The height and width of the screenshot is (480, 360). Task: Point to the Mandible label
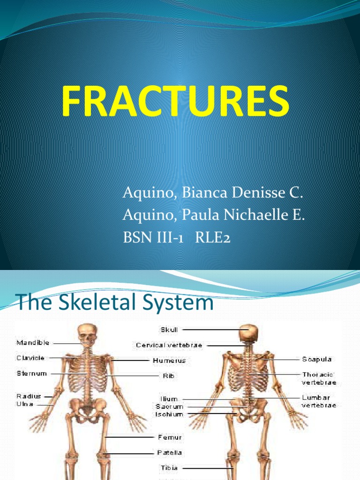click(x=33, y=343)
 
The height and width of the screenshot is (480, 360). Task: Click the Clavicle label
click(x=30, y=358)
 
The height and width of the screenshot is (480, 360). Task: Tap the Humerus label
click(x=169, y=360)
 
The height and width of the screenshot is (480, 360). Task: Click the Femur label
click(x=169, y=437)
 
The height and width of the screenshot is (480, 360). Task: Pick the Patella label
click(x=169, y=453)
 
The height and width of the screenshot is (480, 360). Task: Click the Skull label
click(x=168, y=330)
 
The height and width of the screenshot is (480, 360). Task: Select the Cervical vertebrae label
click(x=169, y=345)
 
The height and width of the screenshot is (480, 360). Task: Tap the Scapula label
click(x=317, y=359)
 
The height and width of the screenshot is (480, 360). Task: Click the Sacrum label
click(x=169, y=407)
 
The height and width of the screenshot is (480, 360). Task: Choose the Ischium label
click(x=169, y=414)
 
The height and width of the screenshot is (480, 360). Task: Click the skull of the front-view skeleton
click(x=87, y=334)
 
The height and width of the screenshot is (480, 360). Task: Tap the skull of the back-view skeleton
click(x=248, y=333)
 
